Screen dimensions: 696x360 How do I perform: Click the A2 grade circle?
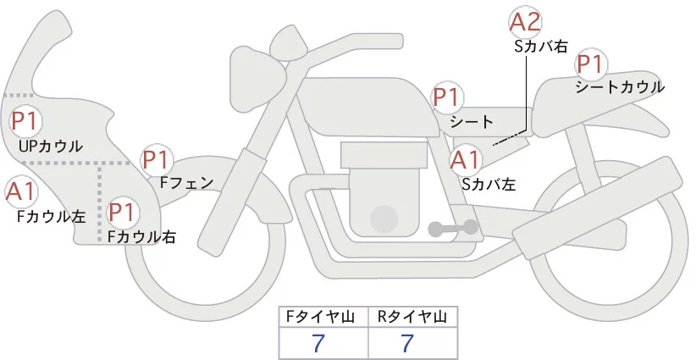tap(525, 23)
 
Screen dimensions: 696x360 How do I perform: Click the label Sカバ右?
tap(541, 47)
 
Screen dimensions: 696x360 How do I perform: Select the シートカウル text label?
tap(619, 87)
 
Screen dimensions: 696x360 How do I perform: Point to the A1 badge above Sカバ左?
tap(465, 158)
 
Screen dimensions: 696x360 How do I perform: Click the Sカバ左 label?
tap(489, 182)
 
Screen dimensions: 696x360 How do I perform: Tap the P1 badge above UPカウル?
tap(23, 121)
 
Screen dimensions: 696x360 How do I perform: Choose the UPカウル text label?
tap(51, 147)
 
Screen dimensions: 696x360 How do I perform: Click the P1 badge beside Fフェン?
tap(157, 159)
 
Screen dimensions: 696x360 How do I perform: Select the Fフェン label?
tap(187, 181)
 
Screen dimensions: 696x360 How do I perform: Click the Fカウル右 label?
tap(141, 237)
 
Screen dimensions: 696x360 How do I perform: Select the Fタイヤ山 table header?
tap(324, 317)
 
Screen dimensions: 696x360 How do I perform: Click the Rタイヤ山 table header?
tap(412, 317)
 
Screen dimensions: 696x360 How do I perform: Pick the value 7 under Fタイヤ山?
tap(318, 344)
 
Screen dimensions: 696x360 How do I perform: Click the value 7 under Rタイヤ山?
tap(407, 344)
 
